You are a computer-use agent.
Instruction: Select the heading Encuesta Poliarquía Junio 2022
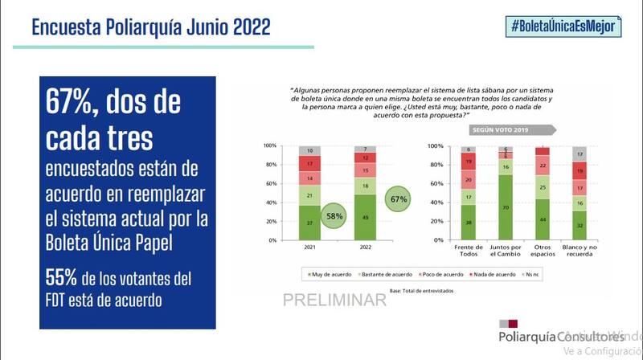pyautogui.click(x=150, y=27)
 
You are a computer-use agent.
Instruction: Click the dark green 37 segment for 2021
pyautogui.click(x=310, y=223)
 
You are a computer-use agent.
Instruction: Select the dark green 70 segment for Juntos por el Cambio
pyautogui.click(x=505, y=207)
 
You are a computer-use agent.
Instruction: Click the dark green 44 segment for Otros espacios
pyautogui.click(x=543, y=219)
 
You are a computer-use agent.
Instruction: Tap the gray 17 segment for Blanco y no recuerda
pyautogui.click(x=580, y=154)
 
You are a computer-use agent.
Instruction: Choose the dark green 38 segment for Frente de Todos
pyautogui.click(x=468, y=222)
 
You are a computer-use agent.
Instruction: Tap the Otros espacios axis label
pyautogui.click(x=543, y=252)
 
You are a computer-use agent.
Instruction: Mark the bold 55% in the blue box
pyautogui.click(x=61, y=277)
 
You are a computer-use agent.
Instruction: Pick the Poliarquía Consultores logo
pyautogui.click(x=555, y=337)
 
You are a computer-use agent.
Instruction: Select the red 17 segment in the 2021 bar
pyautogui.click(x=310, y=164)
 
